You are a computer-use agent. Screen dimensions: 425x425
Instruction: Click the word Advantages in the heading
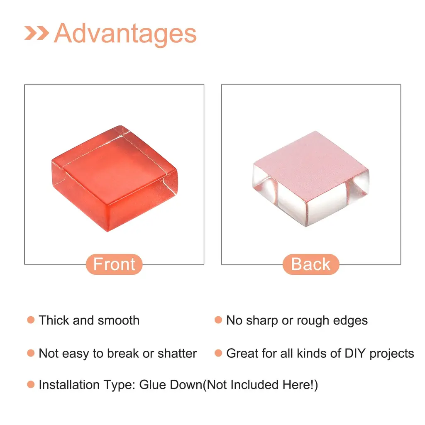[125, 34]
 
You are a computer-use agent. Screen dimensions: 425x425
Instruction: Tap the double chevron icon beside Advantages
[37, 33]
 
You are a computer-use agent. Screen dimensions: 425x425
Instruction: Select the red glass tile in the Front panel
[115, 178]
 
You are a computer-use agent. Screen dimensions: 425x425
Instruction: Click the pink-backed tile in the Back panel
[311, 178]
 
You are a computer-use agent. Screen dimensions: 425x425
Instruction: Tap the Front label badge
[114, 264]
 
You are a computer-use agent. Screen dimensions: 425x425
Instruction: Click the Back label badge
[311, 264]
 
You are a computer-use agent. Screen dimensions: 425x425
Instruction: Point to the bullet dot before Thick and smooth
[31, 320]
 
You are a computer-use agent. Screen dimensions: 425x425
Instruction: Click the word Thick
[54, 320]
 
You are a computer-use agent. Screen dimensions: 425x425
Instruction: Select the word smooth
[119, 320]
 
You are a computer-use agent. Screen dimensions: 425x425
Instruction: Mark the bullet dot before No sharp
[218, 320]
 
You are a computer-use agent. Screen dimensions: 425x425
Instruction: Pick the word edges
[350, 321]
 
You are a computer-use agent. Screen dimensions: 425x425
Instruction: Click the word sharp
[262, 321]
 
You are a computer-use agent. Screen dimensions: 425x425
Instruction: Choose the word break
[123, 354]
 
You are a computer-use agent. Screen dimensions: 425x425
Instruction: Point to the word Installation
[69, 385]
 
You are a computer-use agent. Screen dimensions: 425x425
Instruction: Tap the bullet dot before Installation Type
[31, 384]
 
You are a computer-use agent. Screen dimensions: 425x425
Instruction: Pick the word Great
[242, 354]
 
